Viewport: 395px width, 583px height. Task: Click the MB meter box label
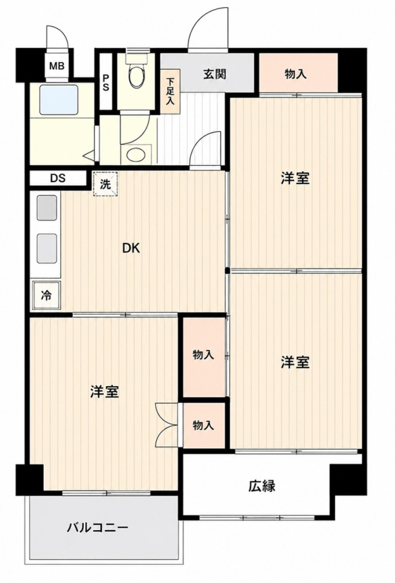(57, 66)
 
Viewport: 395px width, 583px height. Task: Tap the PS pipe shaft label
(106, 83)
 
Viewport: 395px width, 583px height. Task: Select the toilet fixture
(137, 73)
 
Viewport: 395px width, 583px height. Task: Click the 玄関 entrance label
(215, 74)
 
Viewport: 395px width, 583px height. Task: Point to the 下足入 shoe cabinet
(170, 92)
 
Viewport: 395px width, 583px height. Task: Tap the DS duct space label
(58, 178)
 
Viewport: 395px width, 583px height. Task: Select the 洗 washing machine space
(105, 183)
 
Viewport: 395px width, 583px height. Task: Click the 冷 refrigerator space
(47, 295)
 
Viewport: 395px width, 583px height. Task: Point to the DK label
(131, 248)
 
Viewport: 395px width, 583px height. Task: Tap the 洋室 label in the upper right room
(295, 179)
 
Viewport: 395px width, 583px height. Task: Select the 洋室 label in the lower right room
(295, 362)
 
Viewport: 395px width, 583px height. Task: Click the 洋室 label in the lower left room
(105, 392)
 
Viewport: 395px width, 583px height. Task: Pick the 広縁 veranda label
(262, 486)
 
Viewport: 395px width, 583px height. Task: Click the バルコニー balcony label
(98, 527)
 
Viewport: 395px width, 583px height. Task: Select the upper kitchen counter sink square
(47, 207)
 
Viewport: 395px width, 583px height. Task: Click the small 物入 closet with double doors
(204, 425)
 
